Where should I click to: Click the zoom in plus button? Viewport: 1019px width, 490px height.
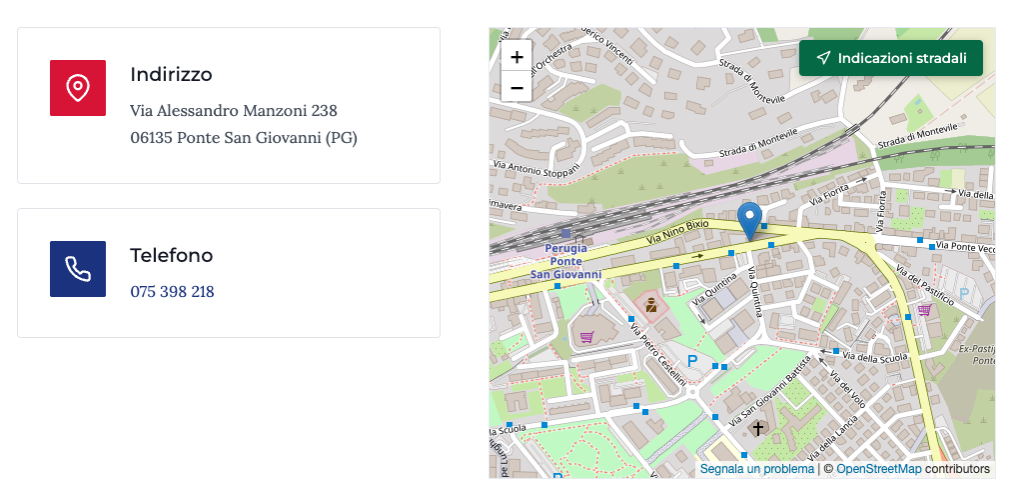[516, 57]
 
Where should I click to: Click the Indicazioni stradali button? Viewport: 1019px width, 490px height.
[891, 58]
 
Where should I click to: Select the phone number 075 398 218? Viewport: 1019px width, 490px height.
[172, 292]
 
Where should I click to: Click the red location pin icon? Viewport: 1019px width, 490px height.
[78, 88]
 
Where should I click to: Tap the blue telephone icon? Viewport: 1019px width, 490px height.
[78, 269]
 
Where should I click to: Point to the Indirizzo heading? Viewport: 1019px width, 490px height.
[171, 75]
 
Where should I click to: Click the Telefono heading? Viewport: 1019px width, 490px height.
[171, 256]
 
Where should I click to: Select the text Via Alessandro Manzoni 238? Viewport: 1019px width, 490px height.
[234, 110]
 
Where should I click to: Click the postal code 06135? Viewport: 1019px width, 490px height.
[151, 137]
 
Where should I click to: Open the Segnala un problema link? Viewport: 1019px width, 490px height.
[756, 469]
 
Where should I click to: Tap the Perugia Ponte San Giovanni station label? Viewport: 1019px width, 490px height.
[566, 260]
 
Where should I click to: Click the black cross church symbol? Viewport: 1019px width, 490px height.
[758, 429]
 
